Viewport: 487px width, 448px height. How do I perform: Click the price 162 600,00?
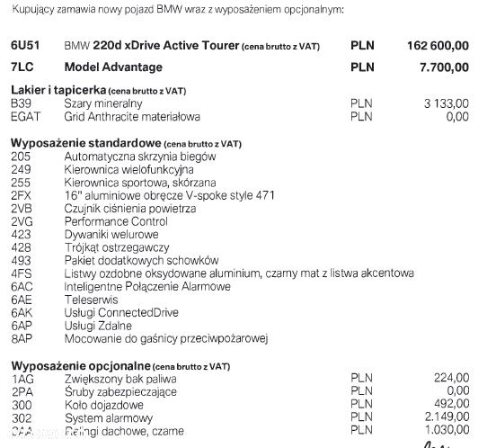(438, 45)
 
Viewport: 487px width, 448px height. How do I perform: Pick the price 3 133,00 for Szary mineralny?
(447, 103)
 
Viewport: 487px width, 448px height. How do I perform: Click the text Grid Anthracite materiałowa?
(132, 116)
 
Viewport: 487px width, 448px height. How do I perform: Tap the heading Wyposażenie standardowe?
(84, 143)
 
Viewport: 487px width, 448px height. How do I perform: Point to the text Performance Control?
(116, 221)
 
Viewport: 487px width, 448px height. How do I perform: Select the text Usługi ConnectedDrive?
(122, 312)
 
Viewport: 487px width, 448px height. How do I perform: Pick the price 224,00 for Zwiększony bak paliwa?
(450, 379)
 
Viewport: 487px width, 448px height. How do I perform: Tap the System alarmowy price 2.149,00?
(446, 418)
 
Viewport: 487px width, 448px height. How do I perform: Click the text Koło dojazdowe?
(104, 405)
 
